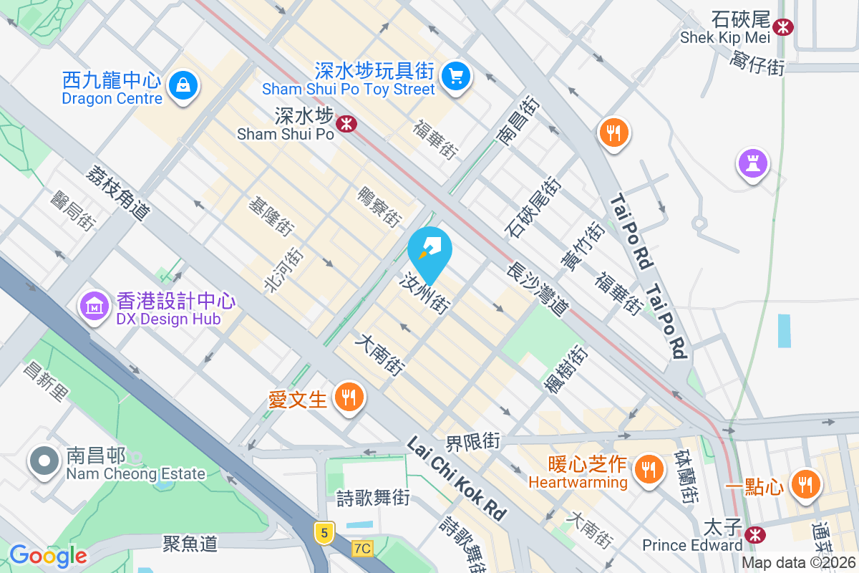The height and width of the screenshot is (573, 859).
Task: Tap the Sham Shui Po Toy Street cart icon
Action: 455,75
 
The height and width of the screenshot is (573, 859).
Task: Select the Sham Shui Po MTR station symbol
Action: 347,124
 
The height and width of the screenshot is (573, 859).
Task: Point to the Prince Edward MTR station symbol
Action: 753,534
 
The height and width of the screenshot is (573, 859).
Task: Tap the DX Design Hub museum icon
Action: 94,307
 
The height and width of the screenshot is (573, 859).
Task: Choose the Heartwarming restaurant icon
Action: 649,469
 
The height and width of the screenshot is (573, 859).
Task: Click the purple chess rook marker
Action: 753,163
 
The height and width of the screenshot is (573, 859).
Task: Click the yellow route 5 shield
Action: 324,532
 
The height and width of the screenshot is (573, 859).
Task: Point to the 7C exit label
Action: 363,549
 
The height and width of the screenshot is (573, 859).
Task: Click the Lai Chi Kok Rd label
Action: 456,478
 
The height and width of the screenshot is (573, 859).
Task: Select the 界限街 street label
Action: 472,440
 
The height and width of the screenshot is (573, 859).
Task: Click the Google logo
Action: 48,556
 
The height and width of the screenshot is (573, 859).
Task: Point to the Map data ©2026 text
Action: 798,563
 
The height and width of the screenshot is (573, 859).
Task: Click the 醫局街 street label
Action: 73,210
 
